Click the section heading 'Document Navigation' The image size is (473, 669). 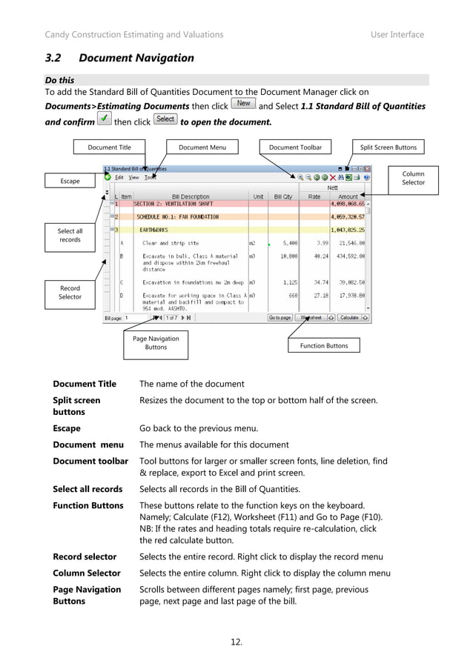pos(136,58)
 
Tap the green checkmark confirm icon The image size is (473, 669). pos(105,119)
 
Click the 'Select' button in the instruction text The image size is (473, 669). pos(165,119)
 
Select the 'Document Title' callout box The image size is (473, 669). pos(109,147)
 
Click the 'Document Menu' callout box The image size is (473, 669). pos(202,147)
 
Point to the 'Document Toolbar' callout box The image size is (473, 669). pos(295,147)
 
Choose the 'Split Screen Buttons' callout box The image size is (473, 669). pos(388,147)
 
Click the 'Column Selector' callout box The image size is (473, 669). pos(413,178)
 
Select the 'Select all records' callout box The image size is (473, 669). pos(70,236)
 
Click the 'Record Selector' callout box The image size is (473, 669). pos(70,293)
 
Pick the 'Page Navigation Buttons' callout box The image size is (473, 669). pos(155,342)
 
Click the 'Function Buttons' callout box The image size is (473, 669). pos(323,346)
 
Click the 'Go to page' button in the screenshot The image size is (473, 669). pos(279,318)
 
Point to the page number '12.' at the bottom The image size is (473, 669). pos(236,642)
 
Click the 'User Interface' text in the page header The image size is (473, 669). pos(397,34)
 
